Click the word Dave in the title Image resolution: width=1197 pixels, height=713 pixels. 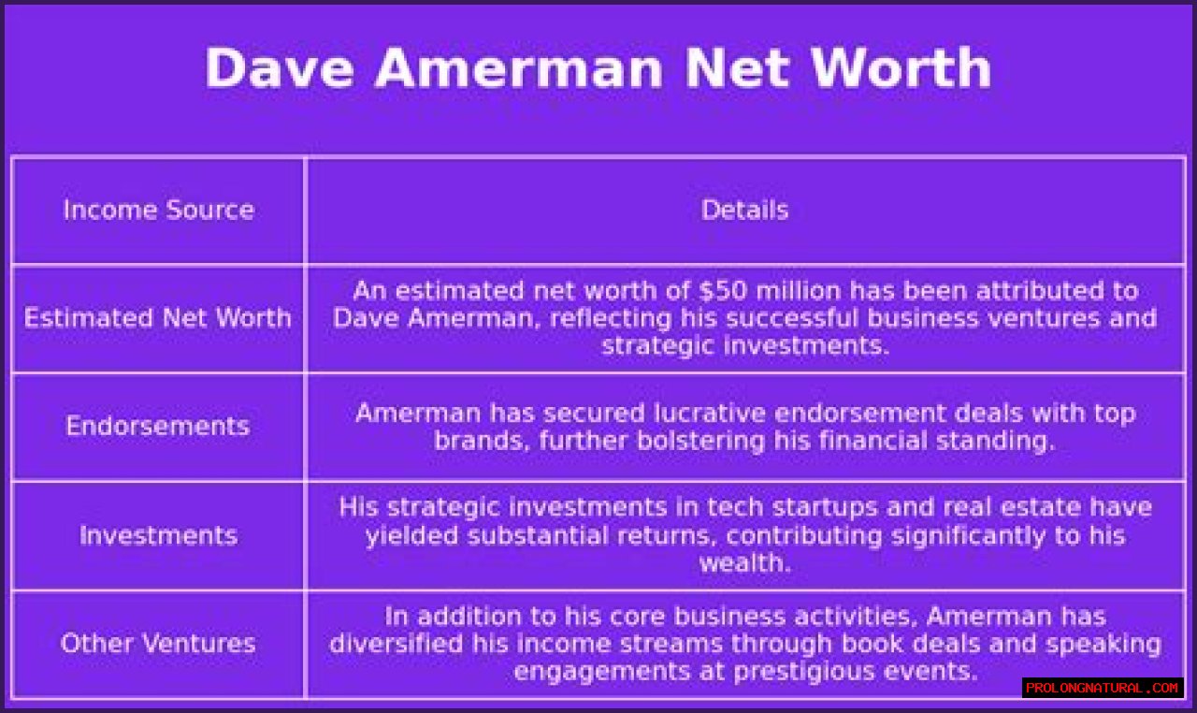click(x=280, y=67)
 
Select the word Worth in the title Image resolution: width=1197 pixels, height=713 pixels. click(x=901, y=67)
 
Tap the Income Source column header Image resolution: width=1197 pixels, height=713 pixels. click(x=159, y=210)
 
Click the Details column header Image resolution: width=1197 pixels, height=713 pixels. click(x=745, y=210)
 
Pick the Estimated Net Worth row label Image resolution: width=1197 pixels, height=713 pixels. click(x=158, y=318)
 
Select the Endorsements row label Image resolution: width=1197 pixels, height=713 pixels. click(x=158, y=426)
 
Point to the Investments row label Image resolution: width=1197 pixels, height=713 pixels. click(x=159, y=535)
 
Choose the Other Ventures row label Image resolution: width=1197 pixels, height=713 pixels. click(x=158, y=643)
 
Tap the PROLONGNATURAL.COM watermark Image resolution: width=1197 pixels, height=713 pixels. click(x=1102, y=688)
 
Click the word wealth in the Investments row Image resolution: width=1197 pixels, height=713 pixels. click(x=745, y=562)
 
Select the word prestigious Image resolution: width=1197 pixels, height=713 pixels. click(x=805, y=671)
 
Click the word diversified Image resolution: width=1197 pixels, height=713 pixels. click(x=396, y=643)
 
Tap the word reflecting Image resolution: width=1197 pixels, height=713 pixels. click(x=611, y=318)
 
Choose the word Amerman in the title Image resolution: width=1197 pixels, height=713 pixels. click(x=519, y=67)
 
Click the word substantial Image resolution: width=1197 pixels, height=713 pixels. click(x=538, y=535)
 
